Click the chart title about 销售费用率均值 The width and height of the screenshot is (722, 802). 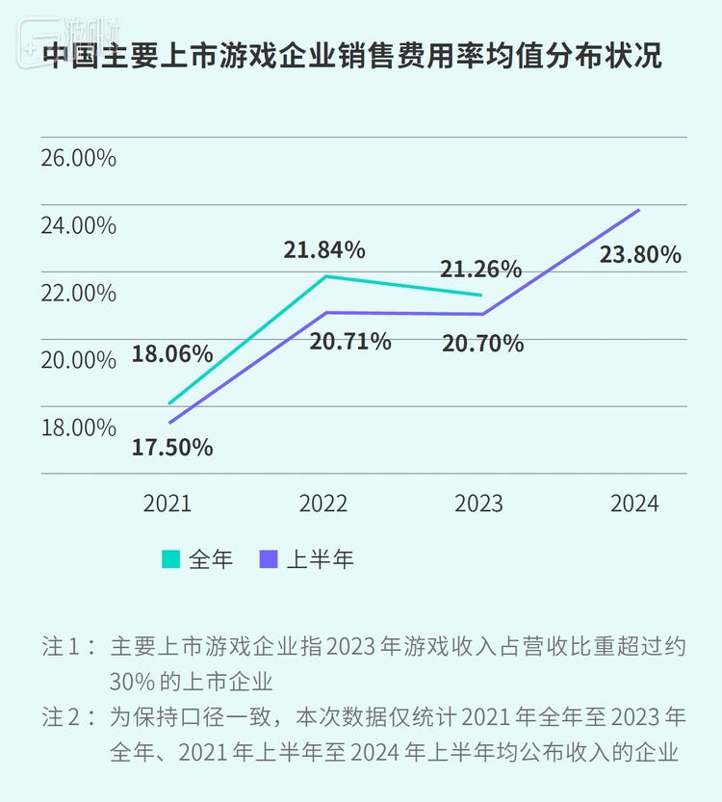click(x=352, y=56)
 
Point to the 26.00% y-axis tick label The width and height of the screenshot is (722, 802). click(x=78, y=158)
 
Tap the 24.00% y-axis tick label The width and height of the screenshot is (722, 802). click(x=78, y=225)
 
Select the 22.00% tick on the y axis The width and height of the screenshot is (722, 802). click(x=78, y=293)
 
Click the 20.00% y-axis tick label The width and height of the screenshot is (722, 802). click(x=78, y=360)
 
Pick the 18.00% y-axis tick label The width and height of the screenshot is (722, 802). click(x=78, y=427)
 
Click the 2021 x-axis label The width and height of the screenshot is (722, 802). click(x=168, y=504)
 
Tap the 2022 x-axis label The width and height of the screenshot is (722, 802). click(x=323, y=504)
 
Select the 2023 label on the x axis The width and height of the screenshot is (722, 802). click(x=478, y=504)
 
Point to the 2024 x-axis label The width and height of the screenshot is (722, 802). click(x=634, y=504)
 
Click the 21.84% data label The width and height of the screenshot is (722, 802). click(x=324, y=250)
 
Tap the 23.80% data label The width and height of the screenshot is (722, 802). click(x=640, y=255)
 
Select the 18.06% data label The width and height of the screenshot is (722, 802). click(x=172, y=353)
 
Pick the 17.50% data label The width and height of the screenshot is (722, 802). click(x=173, y=448)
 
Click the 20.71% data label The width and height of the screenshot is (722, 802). click(x=350, y=341)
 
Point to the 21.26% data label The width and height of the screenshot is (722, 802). click(x=480, y=269)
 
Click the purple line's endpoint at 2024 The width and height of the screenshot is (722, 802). click(x=638, y=210)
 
